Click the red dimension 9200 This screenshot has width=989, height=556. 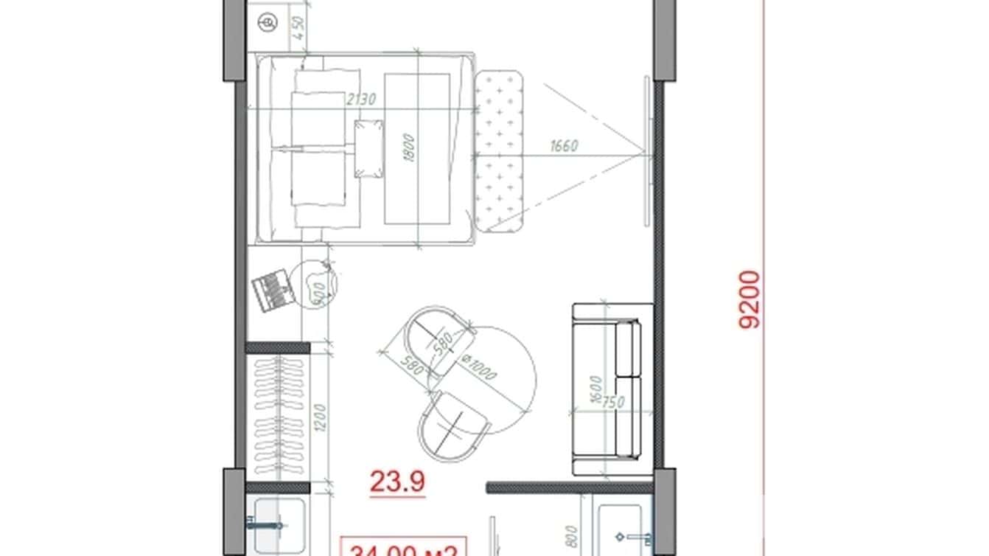(x=749, y=299)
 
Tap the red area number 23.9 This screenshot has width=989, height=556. (x=398, y=483)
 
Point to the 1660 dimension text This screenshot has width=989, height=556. (x=564, y=146)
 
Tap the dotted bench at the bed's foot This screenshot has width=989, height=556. (x=499, y=150)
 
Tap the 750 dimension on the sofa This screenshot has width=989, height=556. (x=613, y=403)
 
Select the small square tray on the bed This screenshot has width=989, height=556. (x=368, y=150)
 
